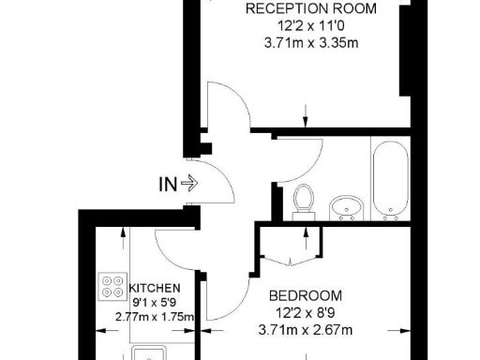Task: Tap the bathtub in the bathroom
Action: point(389,178)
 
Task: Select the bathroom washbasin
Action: point(348,206)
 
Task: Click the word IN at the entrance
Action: point(166,185)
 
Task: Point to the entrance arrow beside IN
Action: point(187,185)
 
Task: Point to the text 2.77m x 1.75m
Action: point(153,318)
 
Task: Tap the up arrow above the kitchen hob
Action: point(124,240)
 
